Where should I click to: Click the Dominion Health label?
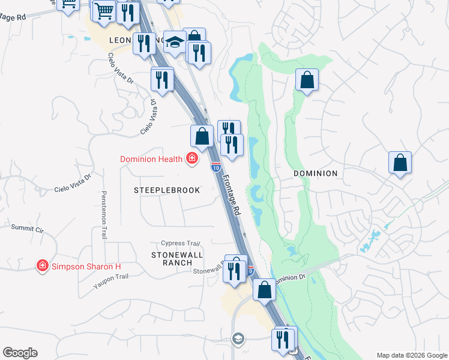click(151, 159)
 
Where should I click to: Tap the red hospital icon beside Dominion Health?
click(193, 159)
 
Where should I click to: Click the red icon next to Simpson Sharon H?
click(42, 265)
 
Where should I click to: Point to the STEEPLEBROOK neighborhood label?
click(166, 190)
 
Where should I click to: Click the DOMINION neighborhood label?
click(315, 173)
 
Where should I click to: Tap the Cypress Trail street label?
click(180, 244)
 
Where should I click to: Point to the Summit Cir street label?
click(28, 228)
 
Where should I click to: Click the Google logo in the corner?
click(20, 353)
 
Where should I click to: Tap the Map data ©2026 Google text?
click(412, 355)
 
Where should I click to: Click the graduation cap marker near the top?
click(175, 43)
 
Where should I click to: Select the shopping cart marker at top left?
click(104, 11)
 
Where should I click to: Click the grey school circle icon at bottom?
click(238, 339)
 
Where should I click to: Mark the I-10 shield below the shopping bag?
click(215, 166)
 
